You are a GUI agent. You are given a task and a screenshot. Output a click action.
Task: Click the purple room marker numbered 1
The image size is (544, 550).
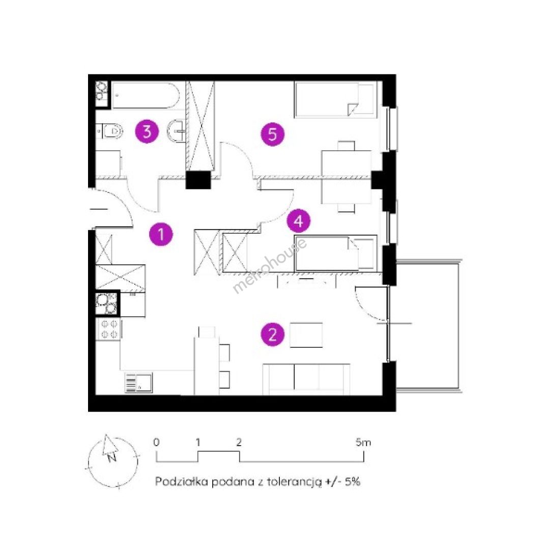tap(161, 234)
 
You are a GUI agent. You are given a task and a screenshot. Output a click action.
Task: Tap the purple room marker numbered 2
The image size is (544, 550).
tap(272, 334)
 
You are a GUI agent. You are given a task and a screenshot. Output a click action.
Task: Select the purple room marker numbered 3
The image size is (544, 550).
tap(147, 131)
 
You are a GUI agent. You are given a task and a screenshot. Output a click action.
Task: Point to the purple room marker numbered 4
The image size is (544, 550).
tap(298, 221)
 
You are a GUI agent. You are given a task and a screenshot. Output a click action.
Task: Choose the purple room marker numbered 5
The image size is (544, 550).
tap(273, 134)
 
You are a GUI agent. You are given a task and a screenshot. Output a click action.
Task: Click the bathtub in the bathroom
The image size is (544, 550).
tap(145, 95)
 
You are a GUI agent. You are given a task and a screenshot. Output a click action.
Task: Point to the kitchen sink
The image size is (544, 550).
tap(138, 382)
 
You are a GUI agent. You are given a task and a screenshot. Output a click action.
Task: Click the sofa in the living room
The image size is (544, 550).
tap(306, 379)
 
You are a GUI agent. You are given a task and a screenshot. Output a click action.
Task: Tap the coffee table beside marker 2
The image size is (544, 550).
tap(306, 335)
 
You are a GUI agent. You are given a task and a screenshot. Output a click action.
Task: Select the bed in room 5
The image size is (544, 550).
tap(335, 100)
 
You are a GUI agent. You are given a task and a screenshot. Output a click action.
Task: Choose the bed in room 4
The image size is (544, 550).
tap(335, 253)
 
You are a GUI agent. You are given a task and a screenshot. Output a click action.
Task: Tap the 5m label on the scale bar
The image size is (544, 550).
tap(363, 443)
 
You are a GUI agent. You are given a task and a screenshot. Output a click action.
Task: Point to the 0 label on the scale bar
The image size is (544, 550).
tap(156, 443)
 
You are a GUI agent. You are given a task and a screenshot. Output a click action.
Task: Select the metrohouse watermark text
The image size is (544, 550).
tap(270, 265)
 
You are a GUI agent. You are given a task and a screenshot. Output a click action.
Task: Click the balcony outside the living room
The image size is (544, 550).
tap(427, 324)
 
